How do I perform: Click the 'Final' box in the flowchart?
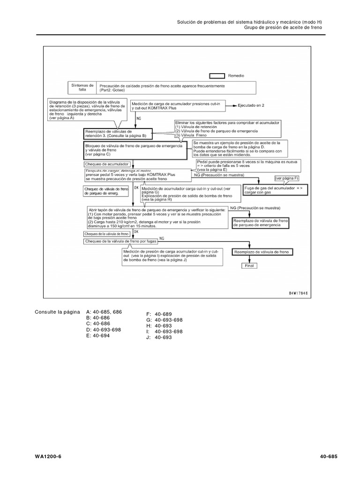coord(249,265)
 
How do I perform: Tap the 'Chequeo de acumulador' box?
coord(107,165)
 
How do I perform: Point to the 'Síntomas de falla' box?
coord(82,88)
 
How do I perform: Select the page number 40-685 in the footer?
coord(329,457)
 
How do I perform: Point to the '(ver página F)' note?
coord(287,179)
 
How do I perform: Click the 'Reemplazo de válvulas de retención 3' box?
coord(115,133)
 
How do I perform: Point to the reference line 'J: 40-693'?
coord(157,337)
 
